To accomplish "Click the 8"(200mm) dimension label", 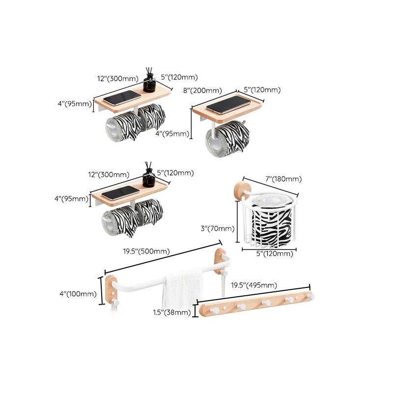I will click(x=202, y=90).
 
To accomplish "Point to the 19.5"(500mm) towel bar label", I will click(x=146, y=251).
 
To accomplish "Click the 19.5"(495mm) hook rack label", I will click(x=254, y=285).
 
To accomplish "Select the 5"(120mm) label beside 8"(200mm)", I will click(x=262, y=89).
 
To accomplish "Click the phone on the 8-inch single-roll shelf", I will click(x=228, y=104).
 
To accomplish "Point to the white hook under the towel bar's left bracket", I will click(x=114, y=303).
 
